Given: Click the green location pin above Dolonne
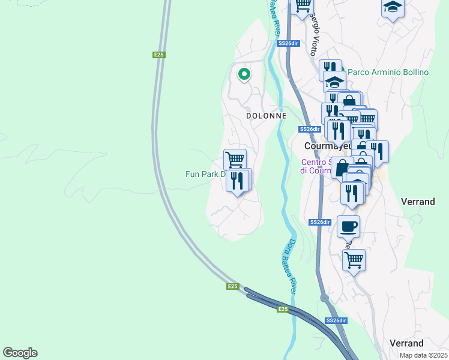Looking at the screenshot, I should click(244, 74).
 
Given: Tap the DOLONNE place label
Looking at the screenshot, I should click(266, 115).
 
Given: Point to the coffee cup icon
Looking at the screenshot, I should click(348, 227).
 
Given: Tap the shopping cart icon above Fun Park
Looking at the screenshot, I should click(235, 160).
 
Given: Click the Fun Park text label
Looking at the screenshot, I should click(205, 175).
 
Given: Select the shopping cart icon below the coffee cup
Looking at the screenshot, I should click(354, 260).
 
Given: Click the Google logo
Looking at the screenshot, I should click(20, 353).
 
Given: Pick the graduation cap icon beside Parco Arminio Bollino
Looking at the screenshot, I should click(334, 82).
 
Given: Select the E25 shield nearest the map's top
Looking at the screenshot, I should click(158, 55).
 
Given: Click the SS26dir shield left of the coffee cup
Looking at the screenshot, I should click(320, 222).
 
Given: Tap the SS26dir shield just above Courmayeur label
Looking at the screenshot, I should click(309, 129).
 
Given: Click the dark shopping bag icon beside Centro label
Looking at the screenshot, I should click(342, 168).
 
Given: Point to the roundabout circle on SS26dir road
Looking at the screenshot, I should click(324, 298).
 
